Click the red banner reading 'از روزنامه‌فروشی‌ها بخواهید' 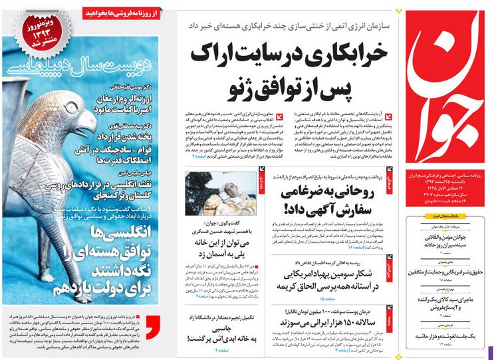[x=122, y=12]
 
